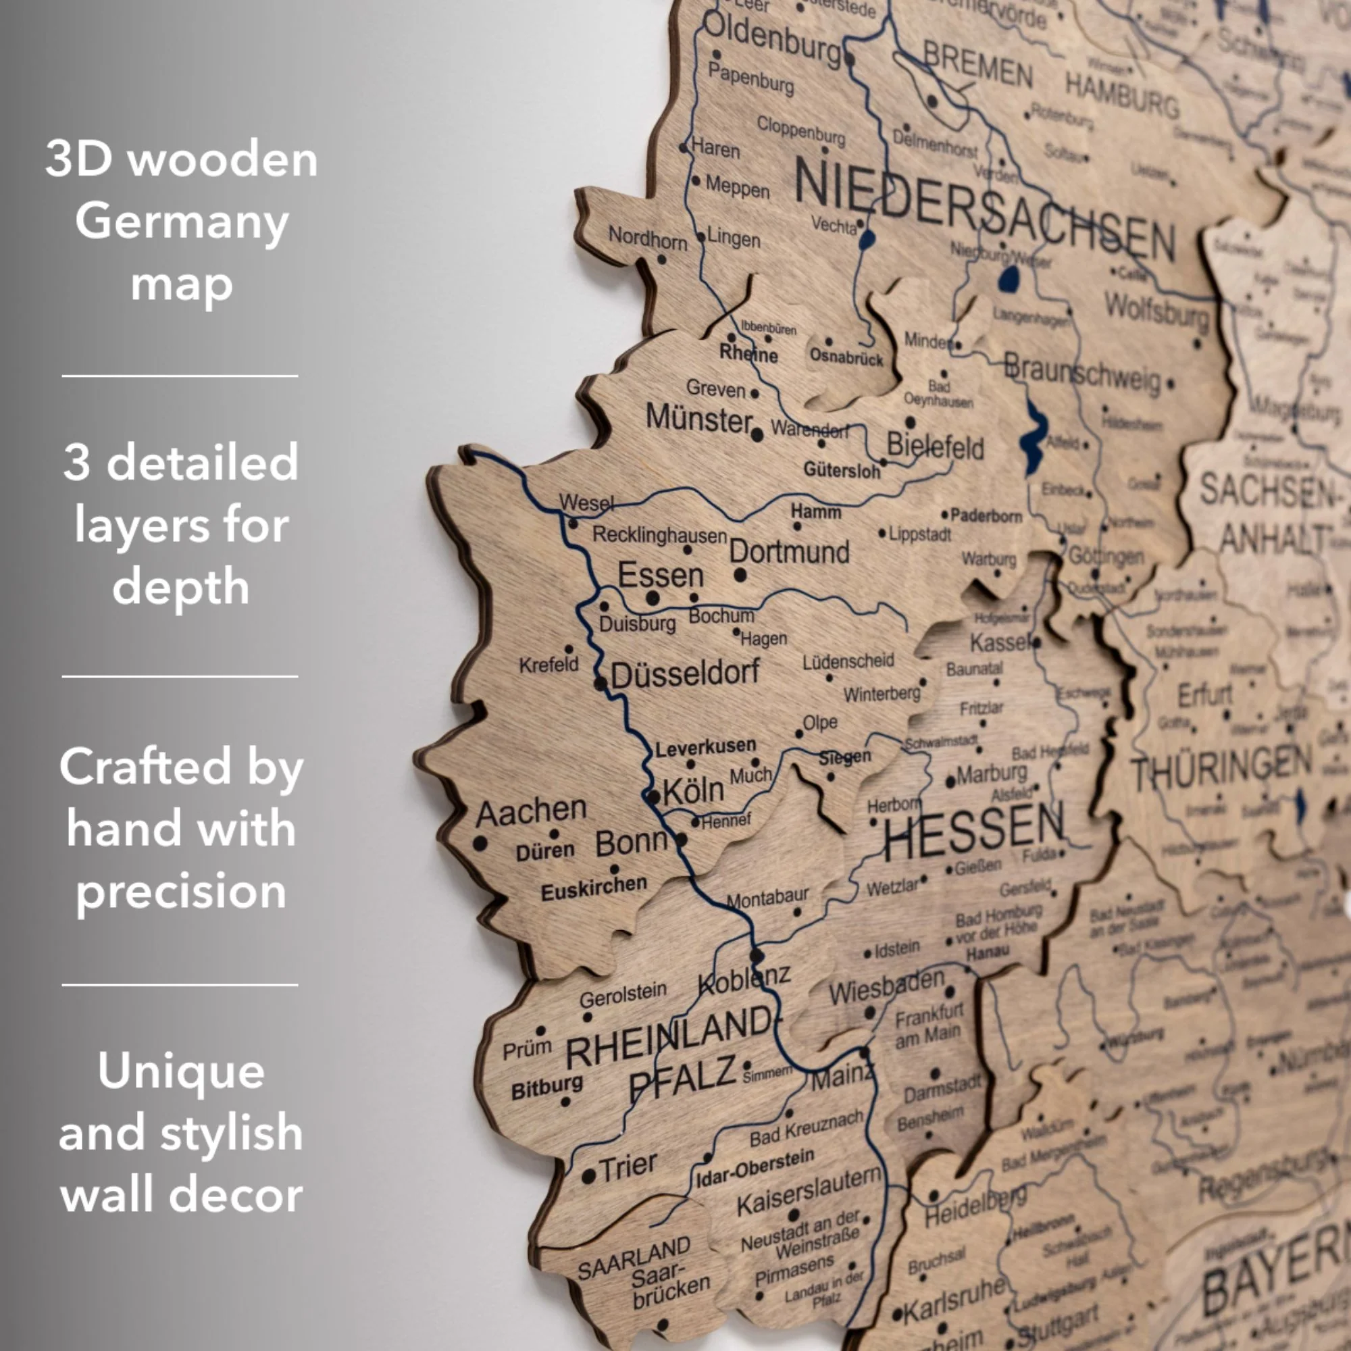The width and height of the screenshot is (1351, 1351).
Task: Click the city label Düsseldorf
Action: tap(684, 673)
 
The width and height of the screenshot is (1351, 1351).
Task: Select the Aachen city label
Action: tap(531, 812)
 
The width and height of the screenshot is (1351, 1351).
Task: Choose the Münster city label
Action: tap(698, 418)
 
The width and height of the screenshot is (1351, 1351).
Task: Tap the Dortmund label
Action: tap(789, 552)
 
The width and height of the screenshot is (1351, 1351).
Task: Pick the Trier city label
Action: tap(629, 1165)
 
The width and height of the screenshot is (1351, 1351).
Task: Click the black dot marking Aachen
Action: tap(480, 843)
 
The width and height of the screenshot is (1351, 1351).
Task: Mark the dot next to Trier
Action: tap(589, 1176)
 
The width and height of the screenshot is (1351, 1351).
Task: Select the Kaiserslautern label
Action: tap(809, 1192)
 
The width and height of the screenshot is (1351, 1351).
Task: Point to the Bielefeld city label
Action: tap(935, 445)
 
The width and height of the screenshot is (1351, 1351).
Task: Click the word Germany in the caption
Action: tap(182, 222)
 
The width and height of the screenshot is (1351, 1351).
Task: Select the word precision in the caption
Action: tap(181, 891)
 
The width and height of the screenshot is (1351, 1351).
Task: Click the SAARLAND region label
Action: tap(634, 1258)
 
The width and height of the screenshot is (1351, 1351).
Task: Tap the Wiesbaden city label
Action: tap(887, 987)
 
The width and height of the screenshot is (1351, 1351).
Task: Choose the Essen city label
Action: tap(660, 575)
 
